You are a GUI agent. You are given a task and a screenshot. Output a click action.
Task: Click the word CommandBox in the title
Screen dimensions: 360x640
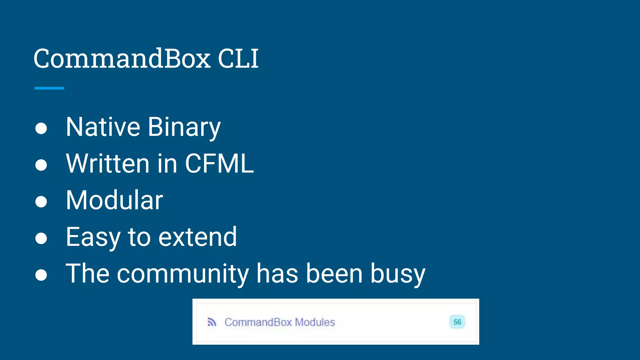(x=122, y=58)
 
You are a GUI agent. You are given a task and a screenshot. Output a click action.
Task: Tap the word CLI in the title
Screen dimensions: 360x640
(x=238, y=58)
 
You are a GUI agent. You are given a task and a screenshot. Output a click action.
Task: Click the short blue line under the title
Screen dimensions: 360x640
(x=49, y=88)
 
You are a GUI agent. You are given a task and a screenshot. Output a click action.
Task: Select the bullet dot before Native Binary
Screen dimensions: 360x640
(x=41, y=128)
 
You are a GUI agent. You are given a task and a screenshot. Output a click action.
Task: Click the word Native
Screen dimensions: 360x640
(x=103, y=127)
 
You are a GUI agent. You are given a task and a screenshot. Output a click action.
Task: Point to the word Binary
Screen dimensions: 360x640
(x=184, y=127)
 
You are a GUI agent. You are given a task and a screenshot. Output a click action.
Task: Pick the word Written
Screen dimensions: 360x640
(x=107, y=163)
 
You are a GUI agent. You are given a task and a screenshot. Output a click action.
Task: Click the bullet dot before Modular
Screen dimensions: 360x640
(x=41, y=202)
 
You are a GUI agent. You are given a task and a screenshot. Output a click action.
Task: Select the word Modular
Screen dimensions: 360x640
(x=114, y=200)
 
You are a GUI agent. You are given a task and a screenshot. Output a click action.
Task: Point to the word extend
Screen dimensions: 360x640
(x=197, y=237)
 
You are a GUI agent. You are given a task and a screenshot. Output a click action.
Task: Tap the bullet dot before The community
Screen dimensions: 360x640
(x=41, y=275)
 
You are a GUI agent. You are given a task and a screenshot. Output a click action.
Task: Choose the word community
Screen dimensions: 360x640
(x=183, y=274)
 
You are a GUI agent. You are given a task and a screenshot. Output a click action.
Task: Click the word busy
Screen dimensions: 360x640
(x=398, y=274)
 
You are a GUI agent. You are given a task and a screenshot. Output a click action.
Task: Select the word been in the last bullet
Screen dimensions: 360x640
(x=334, y=273)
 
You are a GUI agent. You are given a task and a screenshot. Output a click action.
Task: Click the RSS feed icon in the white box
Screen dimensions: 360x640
(x=212, y=322)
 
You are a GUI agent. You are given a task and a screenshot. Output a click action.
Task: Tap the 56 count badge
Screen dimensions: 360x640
(x=457, y=322)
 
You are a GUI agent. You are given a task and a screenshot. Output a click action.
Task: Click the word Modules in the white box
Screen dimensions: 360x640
(x=315, y=322)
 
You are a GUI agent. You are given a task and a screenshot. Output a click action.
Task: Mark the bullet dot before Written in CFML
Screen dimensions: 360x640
(x=41, y=165)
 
